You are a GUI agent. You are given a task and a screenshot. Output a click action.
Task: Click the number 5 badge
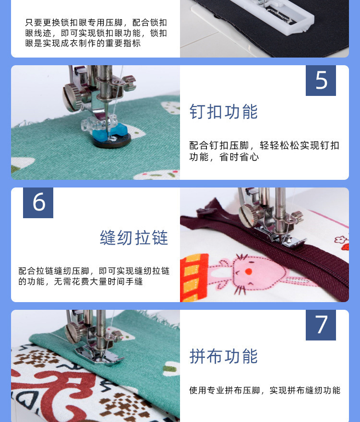click(x=321, y=81)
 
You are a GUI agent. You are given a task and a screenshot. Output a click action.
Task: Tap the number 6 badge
click(x=38, y=202)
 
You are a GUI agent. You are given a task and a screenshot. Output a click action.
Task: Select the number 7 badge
click(x=321, y=325)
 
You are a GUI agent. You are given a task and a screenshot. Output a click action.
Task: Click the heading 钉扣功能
click(x=224, y=111)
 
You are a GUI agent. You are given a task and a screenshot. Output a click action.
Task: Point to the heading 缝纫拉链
click(x=134, y=237)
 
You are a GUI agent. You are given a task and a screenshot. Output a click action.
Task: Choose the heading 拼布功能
click(x=224, y=356)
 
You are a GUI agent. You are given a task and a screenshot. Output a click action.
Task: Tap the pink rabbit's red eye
click(x=248, y=271)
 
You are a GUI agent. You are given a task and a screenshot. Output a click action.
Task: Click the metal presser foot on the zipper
click(x=278, y=235)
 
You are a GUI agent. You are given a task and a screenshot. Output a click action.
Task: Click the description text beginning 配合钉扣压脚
click(x=264, y=151)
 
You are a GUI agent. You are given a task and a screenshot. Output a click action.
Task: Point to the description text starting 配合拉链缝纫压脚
click(x=94, y=276)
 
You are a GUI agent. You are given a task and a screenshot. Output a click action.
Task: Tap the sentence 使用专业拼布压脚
click(x=264, y=390)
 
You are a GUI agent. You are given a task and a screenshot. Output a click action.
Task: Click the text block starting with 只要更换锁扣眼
click(x=96, y=33)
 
